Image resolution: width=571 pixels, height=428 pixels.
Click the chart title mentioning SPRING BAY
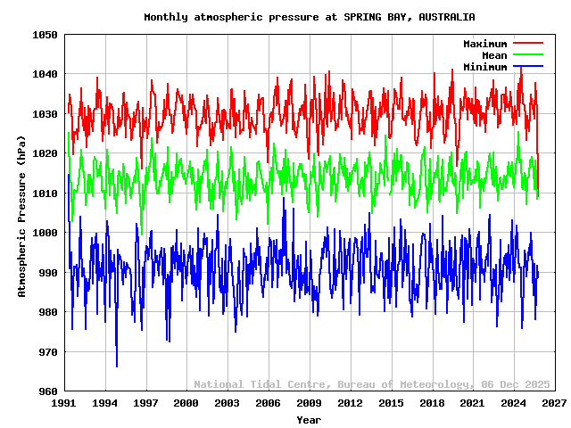(x=310, y=17)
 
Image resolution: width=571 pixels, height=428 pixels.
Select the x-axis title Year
(x=309, y=419)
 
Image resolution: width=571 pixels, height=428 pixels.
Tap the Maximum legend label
(x=484, y=44)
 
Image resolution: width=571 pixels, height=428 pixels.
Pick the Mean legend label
(x=493, y=55)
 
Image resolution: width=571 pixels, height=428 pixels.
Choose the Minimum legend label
(x=484, y=67)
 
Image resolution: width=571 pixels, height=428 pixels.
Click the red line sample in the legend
(x=527, y=44)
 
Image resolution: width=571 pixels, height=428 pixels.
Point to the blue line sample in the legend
(x=527, y=67)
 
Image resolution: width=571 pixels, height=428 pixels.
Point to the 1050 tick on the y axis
(x=46, y=35)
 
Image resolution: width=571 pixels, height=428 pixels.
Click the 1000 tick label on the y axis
(x=46, y=233)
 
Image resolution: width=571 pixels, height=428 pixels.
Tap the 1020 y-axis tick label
(x=46, y=153)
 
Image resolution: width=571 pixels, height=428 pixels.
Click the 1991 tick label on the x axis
(x=63, y=403)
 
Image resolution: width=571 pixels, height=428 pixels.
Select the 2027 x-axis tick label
(x=554, y=403)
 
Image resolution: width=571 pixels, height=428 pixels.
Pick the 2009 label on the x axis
(x=309, y=403)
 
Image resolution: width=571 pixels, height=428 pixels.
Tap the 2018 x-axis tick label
(x=432, y=403)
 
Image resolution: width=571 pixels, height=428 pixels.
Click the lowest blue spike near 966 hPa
(x=117, y=366)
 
